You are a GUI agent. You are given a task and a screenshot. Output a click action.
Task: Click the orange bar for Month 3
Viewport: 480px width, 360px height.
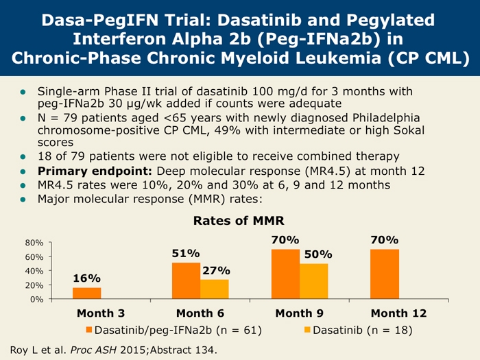tap(86, 293)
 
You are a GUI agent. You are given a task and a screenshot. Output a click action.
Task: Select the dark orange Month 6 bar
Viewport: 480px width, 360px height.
tap(186, 280)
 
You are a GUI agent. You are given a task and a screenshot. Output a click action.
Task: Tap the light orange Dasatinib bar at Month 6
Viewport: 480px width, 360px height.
tap(214, 289)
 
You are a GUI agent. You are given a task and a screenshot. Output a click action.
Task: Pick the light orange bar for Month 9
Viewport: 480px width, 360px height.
tap(313, 281)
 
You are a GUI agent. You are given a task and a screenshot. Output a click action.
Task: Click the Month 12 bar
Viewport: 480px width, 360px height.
tap(385, 274)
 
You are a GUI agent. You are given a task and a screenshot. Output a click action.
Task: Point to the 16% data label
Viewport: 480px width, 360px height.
tap(87, 278)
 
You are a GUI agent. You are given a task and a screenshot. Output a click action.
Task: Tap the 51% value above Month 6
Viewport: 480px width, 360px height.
tap(186, 253)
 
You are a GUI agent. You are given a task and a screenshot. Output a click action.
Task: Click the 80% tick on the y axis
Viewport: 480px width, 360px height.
tap(35, 243)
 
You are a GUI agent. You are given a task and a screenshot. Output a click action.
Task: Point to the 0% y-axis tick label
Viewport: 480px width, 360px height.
tap(38, 299)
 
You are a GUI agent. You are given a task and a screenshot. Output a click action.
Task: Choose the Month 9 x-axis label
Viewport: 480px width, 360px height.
tap(300, 313)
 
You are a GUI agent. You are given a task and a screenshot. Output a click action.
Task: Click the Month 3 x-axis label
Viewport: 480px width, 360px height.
tap(100, 313)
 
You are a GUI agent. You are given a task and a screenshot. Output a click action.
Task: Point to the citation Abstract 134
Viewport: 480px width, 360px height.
tap(186, 350)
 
